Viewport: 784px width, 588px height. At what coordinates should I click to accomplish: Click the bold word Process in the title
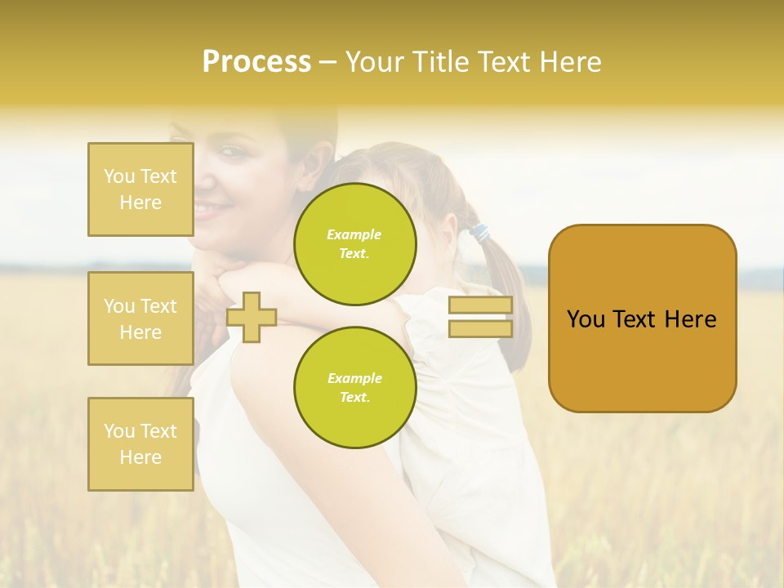256,62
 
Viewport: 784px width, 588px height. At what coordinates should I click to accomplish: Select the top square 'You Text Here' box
140,189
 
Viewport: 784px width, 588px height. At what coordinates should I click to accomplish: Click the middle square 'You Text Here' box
140,318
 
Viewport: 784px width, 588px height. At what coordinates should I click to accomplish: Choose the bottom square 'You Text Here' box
140,443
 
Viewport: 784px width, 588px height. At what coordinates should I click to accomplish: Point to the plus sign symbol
252,317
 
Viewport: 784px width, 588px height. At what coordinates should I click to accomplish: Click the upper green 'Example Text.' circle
354,244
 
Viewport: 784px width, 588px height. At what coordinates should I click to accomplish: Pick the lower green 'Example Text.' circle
354,388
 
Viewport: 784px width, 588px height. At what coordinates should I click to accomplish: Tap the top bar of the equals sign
480,305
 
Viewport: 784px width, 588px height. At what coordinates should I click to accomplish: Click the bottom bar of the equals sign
480,328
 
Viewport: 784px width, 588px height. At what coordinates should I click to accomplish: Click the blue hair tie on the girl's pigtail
478,234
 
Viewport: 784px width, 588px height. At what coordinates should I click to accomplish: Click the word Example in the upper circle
354,234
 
